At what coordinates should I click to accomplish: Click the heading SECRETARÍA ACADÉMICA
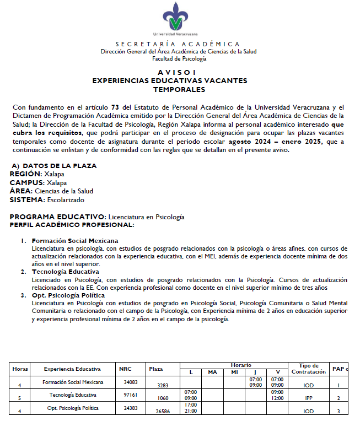tap(178, 44)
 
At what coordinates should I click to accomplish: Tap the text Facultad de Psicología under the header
tap(179, 58)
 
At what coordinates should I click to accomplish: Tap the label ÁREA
tap(20, 191)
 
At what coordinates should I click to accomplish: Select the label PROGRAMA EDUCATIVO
tap(58, 217)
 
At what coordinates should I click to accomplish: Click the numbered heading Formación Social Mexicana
tap(75, 241)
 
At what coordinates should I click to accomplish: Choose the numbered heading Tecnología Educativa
tap(66, 272)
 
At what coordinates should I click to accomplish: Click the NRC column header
tap(125, 369)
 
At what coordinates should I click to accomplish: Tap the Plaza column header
tap(156, 369)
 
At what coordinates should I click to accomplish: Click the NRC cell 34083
tap(131, 381)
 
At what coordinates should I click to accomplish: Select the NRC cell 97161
tap(131, 395)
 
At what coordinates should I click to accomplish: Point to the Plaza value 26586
tap(163, 411)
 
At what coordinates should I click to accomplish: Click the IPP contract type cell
tap(308, 397)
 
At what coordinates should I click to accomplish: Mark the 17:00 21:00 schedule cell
tap(191, 408)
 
